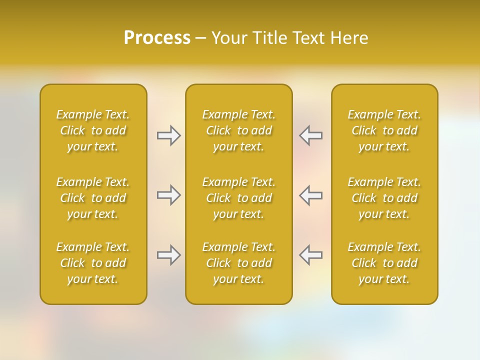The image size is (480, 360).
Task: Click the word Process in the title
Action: click(x=157, y=38)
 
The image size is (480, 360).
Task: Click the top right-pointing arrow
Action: click(x=169, y=135)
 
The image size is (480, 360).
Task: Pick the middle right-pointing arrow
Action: click(x=169, y=195)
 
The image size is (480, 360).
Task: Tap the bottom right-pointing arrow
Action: click(x=169, y=255)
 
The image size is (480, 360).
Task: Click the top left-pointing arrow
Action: click(x=310, y=135)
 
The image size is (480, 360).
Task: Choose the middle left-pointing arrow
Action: click(x=310, y=195)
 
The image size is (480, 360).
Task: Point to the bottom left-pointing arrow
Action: click(x=310, y=255)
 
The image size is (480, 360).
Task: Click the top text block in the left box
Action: click(x=93, y=130)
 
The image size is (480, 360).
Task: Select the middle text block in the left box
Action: click(x=93, y=198)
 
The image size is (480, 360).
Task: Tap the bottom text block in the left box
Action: click(x=93, y=263)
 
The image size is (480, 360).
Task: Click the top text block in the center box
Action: click(x=238, y=130)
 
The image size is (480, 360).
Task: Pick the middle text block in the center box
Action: click(x=238, y=198)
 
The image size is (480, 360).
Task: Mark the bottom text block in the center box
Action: click(x=238, y=263)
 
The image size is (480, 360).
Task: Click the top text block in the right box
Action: click(x=384, y=130)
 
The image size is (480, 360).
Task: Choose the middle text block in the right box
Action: click(x=384, y=198)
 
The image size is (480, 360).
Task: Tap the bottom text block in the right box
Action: click(x=384, y=263)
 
